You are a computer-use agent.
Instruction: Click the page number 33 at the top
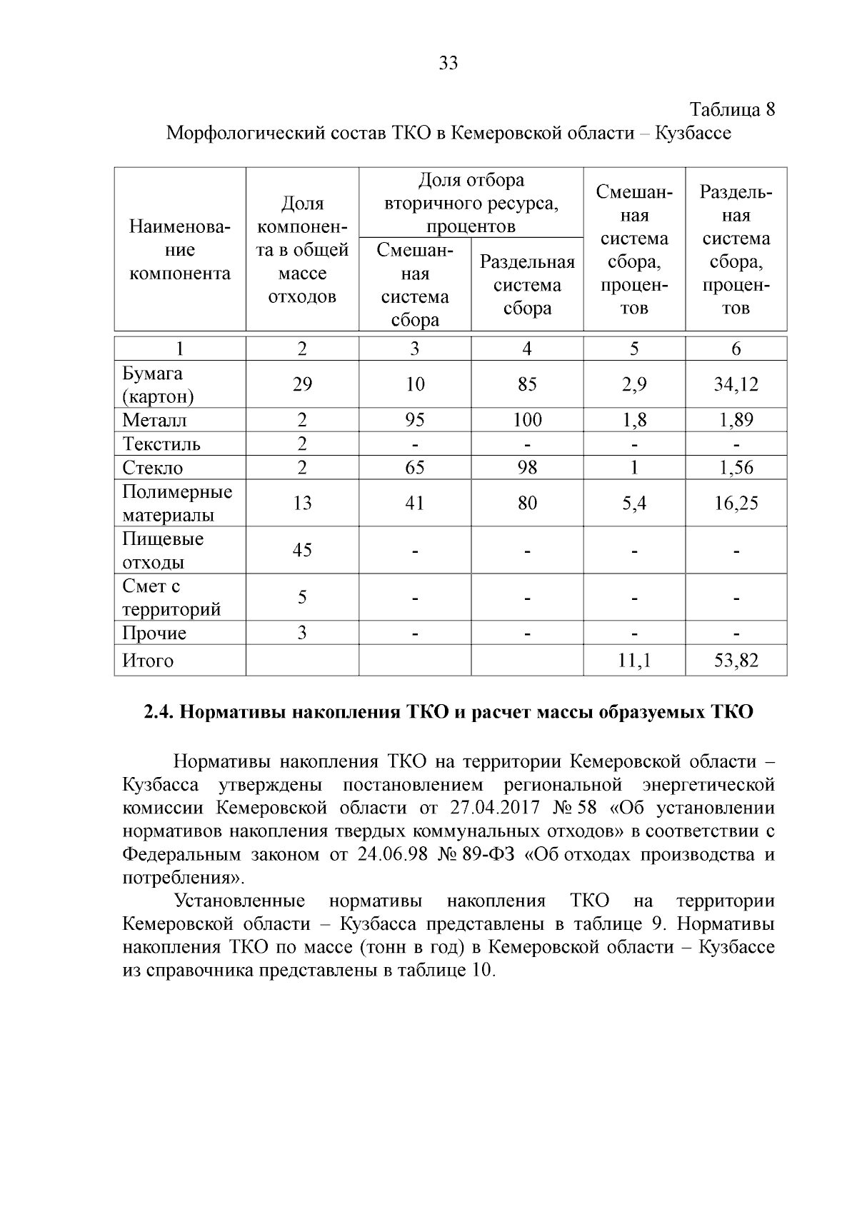(x=448, y=64)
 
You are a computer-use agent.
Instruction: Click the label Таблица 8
(x=732, y=110)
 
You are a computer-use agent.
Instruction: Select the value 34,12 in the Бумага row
(x=736, y=385)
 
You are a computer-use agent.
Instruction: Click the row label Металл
(x=154, y=420)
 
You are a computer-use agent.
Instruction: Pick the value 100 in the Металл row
(x=527, y=420)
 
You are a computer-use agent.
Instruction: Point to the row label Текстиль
(x=161, y=444)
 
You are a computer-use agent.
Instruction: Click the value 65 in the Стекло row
(x=414, y=468)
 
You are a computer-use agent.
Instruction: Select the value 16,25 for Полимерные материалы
(x=736, y=504)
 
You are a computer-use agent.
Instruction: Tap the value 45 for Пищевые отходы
(x=302, y=550)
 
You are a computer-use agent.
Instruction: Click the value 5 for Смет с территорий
(x=302, y=597)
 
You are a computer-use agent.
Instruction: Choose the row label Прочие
(x=154, y=633)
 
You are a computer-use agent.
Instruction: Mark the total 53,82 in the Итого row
(x=736, y=661)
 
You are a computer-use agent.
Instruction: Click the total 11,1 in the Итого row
(x=634, y=661)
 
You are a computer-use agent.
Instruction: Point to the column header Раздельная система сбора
(x=527, y=285)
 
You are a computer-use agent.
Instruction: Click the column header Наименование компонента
(x=180, y=250)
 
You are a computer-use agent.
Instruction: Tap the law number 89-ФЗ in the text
(x=488, y=855)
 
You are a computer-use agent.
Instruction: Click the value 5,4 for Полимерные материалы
(x=634, y=504)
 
